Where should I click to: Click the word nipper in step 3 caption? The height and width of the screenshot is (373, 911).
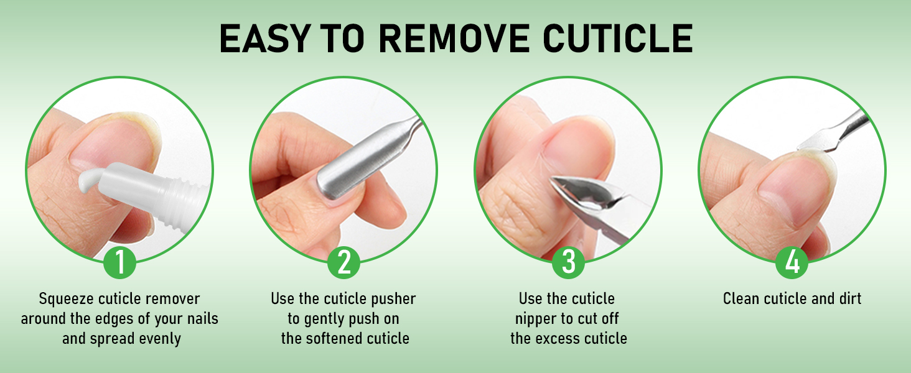click(x=536, y=319)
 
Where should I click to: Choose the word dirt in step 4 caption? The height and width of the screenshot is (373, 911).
click(x=848, y=299)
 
